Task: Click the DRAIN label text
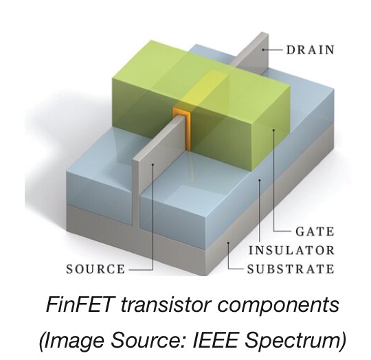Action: click(310, 50)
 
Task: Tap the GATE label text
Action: click(315, 232)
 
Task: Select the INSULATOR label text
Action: click(291, 250)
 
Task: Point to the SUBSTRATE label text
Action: click(291, 269)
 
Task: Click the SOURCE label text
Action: click(95, 269)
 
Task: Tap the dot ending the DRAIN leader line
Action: click(263, 49)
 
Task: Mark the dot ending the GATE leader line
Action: click(273, 130)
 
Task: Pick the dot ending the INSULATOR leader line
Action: click(260, 180)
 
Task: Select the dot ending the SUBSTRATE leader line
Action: click(228, 243)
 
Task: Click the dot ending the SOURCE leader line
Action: click(153, 164)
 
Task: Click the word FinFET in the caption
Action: click(79, 304)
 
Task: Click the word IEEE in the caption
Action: click(215, 340)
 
